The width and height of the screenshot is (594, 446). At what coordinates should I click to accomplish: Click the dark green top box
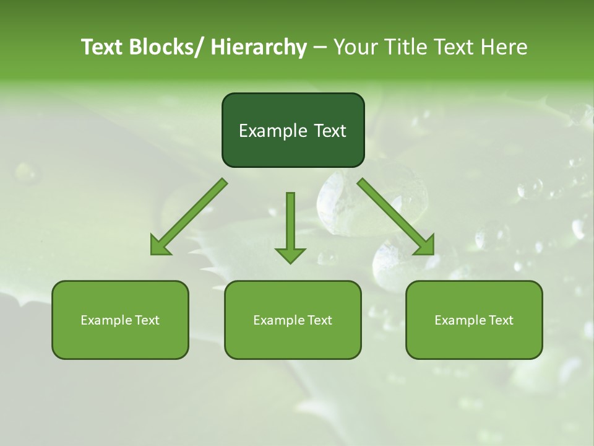pos(293,130)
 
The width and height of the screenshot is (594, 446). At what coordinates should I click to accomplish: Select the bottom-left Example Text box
pos(120,320)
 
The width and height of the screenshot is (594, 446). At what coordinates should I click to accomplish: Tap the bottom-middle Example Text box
pos(293,320)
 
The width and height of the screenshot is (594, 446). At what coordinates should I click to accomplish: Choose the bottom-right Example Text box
pos(474,320)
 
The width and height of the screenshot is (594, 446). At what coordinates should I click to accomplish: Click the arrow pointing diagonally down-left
pos(189,216)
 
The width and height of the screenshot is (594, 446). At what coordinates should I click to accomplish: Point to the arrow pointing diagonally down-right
pos(396,216)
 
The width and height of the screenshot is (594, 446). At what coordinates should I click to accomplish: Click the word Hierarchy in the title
pos(259,47)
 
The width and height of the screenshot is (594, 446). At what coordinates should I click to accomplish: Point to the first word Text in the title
pos(103,47)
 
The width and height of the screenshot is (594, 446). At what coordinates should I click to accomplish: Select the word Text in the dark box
pos(328,131)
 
